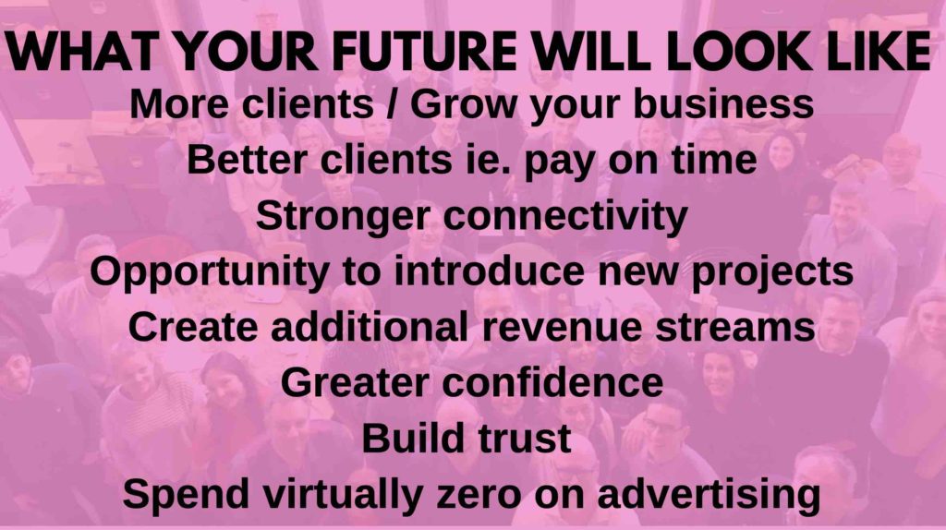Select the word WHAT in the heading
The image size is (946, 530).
click(80, 52)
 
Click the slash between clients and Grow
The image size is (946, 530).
click(392, 103)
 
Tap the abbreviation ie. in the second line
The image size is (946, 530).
click(482, 160)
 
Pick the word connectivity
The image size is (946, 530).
click(566, 216)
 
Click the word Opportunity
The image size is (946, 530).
click(209, 272)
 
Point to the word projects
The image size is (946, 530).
click(772, 272)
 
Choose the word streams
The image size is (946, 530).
click(735, 328)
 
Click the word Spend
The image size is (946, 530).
click(186, 494)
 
